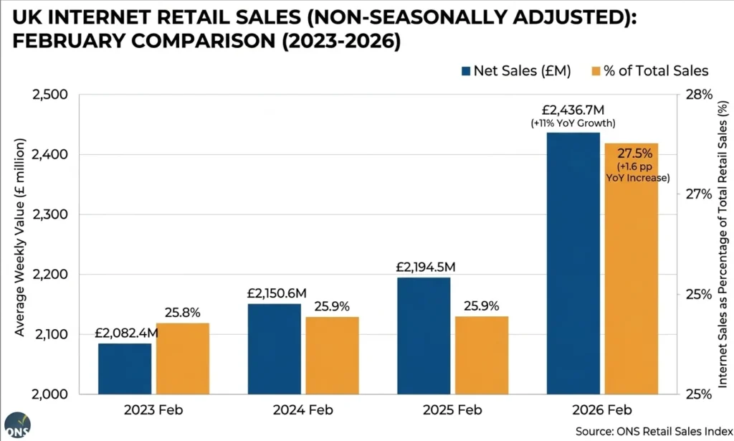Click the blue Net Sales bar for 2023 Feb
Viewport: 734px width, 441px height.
125,369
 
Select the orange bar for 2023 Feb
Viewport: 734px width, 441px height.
183,359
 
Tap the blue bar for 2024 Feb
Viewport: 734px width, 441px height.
275,348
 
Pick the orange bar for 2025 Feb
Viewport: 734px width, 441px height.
482,355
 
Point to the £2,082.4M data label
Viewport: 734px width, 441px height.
126,333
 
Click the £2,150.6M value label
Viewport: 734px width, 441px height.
275,293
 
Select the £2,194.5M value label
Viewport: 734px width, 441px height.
425,267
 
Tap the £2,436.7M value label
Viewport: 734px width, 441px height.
573,110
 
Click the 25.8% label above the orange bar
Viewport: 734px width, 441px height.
182,313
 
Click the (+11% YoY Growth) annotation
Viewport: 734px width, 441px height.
573,124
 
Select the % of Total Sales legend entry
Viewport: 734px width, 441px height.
642,70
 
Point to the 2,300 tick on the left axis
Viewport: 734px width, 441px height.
50,214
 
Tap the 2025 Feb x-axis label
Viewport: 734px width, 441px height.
453,411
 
